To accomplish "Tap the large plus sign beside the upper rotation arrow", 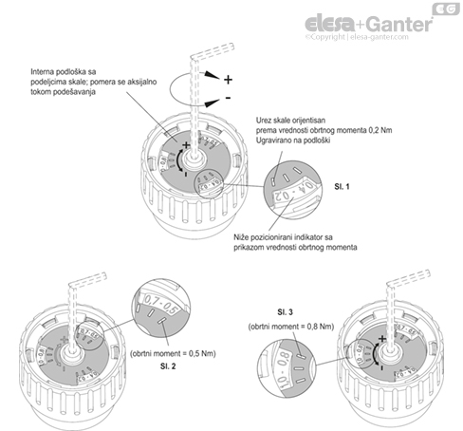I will [x=228, y=80].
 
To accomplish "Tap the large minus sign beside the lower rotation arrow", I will [x=228, y=100].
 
